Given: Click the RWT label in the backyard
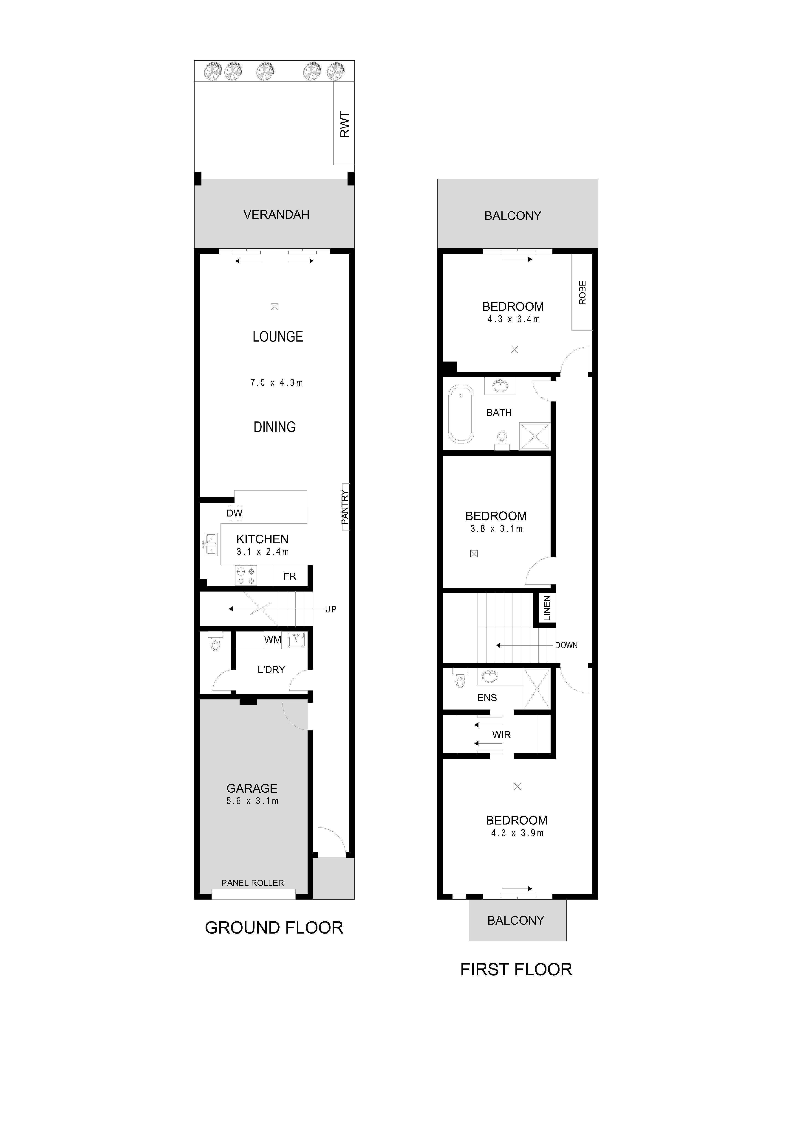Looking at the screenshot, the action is pyautogui.click(x=345, y=124).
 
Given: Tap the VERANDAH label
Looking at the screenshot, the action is pyautogui.click(x=277, y=215).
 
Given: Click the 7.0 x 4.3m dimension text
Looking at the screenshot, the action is pyautogui.click(x=277, y=382).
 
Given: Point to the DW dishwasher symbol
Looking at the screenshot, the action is pyautogui.click(x=235, y=513).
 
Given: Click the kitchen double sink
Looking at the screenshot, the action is pyautogui.click(x=211, y=544).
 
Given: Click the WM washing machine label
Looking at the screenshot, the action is pyautogui.click(x=272, y=640).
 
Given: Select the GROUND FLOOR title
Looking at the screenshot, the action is pyautogui.click(x=274, y=928).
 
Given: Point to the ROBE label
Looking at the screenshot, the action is pyautogui.click(x=582, y=293).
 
